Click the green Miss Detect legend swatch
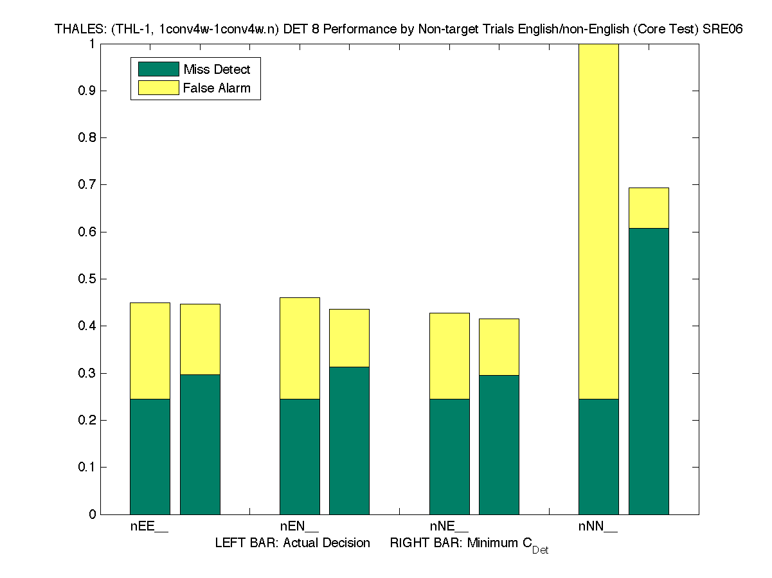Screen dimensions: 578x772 point(158,69)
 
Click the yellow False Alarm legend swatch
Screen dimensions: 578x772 point(158,88)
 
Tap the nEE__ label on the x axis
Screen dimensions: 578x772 point(150,527)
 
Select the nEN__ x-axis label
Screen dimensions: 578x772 point(300,527)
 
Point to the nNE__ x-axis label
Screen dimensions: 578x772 point(449,527)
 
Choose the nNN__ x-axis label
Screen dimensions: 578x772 point(598,527)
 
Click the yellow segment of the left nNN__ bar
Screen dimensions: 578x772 point(598,222)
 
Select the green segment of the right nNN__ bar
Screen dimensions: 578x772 point(649,371)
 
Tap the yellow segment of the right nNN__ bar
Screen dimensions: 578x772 point(649,208)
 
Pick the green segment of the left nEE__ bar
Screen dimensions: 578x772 point(150,457)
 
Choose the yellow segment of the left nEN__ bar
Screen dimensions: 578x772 point(300,348)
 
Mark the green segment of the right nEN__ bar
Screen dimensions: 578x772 point(350,441)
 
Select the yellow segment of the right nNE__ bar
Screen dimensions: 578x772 point(499,347)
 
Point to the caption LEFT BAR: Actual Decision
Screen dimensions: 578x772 point(292,543)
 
